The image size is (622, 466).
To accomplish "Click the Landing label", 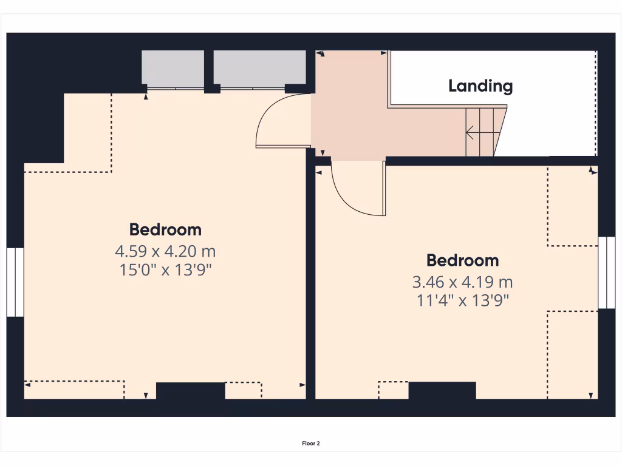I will pyautogui.click(x=480, y=86).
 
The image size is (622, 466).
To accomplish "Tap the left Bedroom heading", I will pyautogui.click(x=165, y=229).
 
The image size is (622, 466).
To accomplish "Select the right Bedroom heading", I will pyautogui.click(x=462, y=260).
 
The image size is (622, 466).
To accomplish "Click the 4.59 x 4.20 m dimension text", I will pyautogui.click(x=165, y=250).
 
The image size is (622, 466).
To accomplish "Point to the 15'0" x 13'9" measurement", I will pyautogui.click(x=165, y=269).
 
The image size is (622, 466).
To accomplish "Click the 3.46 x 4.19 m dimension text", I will pyautogui.click(x=462, y=282).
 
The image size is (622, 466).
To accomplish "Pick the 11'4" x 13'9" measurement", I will pyautogui.click(x=462, y=300).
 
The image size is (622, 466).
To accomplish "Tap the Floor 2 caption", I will pyautogui.click(x=310, y=444).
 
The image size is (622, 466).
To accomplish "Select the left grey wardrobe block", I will pyautogui.click(x=173, y=67).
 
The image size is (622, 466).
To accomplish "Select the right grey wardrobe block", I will pyautogui.click(x=259, y=67).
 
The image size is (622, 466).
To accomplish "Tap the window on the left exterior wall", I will pyautogui.click(x=15, y=282).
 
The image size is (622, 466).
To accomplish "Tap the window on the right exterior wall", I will pyautogui.click(x=606, y=272).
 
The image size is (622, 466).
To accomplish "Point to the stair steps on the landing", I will pyautogui.click(x=482, y=132).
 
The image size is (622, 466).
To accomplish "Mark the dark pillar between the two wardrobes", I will pyautogui.click(x=208, y=70).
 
